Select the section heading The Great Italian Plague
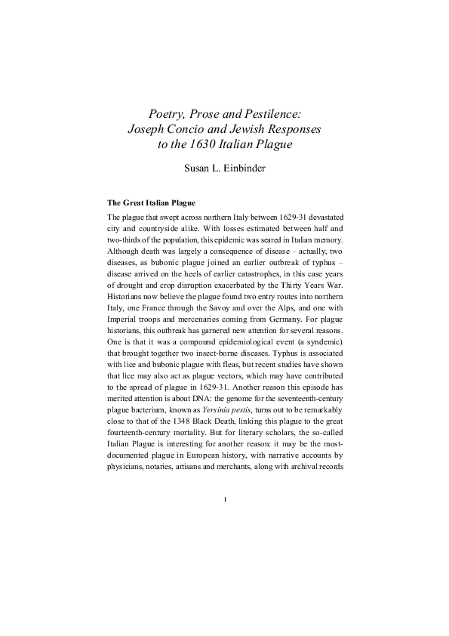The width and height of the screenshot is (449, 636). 151,203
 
